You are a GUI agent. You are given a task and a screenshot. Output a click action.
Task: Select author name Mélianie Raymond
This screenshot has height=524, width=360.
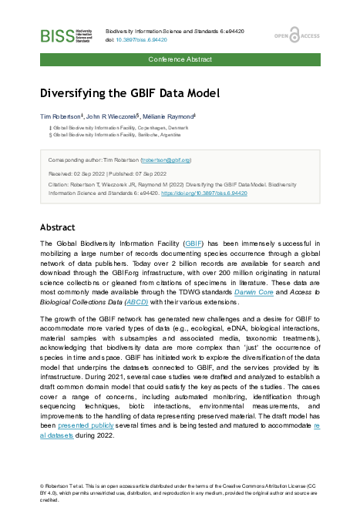pyautogui.click(x=164, y=115)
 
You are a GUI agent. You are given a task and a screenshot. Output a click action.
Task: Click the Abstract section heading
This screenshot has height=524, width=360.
pyautogui.click(x=57, y=227)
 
